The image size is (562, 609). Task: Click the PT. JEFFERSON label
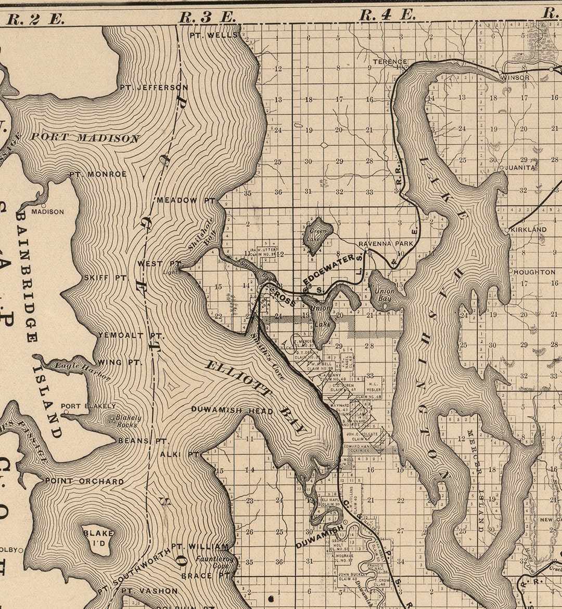154,87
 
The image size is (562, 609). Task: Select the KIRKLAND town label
528,229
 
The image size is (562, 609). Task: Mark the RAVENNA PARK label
386,243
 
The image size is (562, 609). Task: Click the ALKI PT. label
180,454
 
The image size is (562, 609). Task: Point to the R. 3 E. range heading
207,17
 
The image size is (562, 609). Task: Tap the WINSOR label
515,77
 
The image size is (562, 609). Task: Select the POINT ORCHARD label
84,481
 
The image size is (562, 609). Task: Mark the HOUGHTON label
534,272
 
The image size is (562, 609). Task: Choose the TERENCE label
390,61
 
